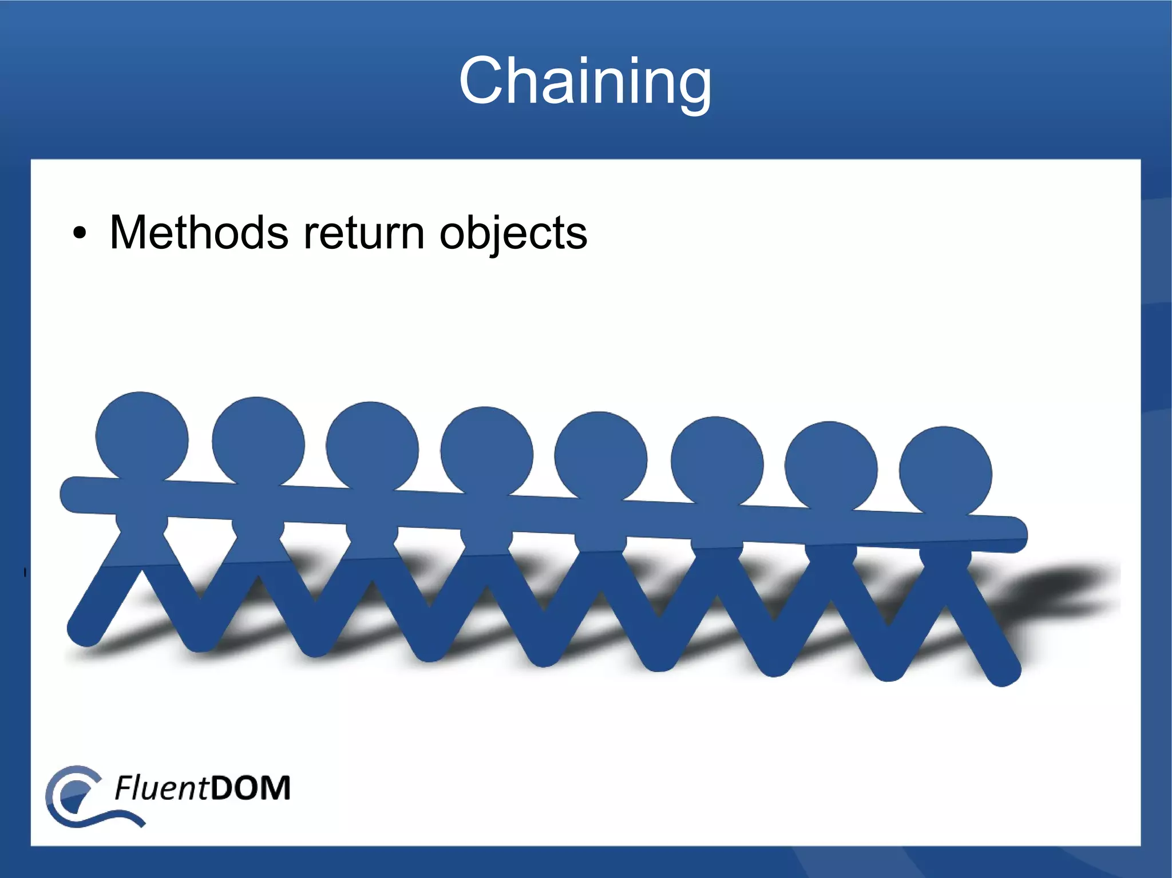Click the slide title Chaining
[585, 81]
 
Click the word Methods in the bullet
[199, 233]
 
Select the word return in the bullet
[363, 233]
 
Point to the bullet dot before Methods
[80, 234]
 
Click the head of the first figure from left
[141, 437]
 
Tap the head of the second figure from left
[258, 442]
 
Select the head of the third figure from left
[372, 447]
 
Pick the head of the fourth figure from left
[486, 452]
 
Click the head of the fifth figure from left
[600, 456]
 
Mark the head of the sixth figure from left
[716, 462]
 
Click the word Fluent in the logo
[161, 788]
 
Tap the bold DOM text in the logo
[250, 788]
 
